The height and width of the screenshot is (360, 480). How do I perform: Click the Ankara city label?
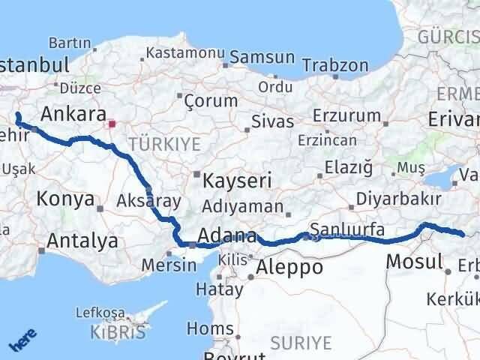(73, 114)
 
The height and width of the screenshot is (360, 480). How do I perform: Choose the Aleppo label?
(289, 267)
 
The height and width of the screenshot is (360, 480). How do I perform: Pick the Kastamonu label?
(185, 53)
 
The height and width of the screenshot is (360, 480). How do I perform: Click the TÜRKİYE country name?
(160, 141)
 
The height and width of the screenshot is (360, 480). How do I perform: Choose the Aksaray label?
(148, 200)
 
